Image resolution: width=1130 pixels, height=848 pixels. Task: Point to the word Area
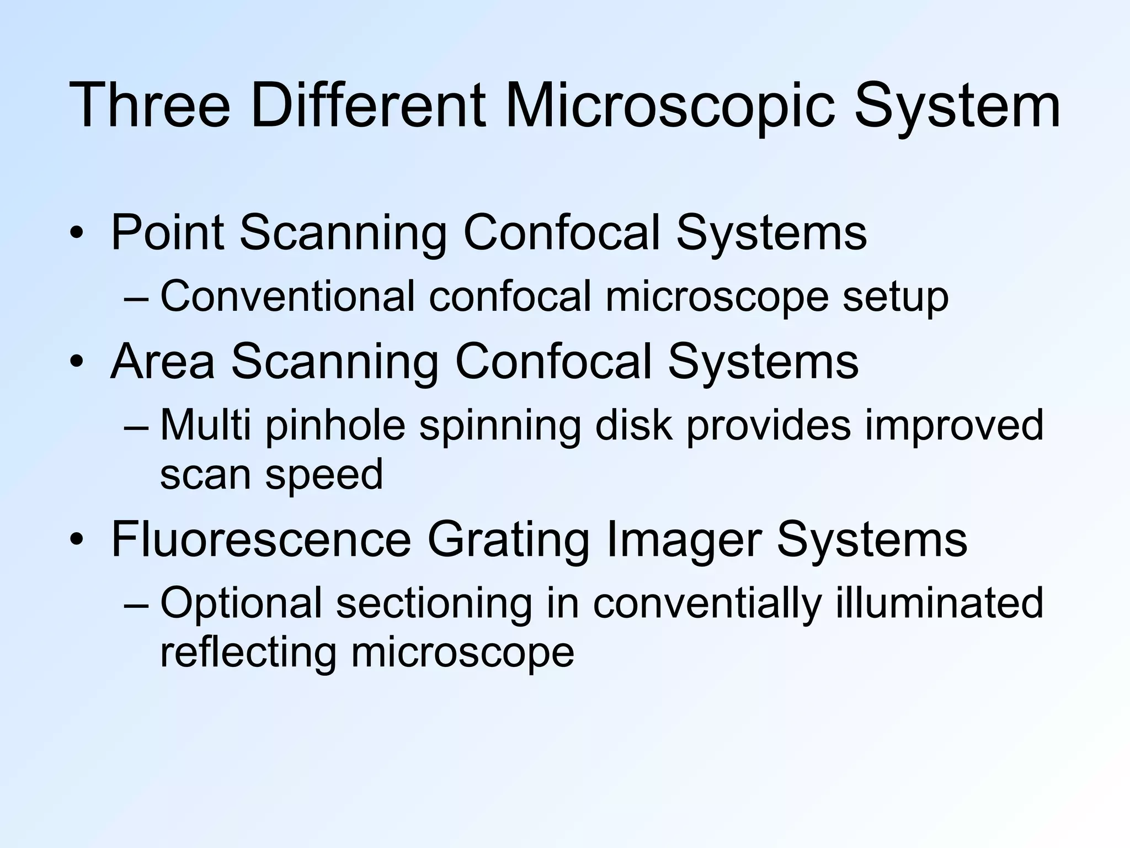click(162, 362)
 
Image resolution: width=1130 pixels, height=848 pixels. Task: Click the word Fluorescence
click(261, 539)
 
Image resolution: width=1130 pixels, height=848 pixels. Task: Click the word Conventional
click(287, 296)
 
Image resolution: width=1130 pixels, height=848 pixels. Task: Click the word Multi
click(205, 425)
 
